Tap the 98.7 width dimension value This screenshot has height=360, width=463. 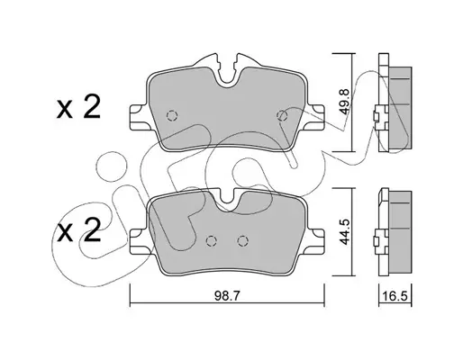coord(227,296)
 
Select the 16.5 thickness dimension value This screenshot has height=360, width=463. coord(395,296)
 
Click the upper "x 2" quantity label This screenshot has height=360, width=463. coord(78,108)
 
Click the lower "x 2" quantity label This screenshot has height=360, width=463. coord(78,229)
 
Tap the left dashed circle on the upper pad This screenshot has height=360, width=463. coord(172,115)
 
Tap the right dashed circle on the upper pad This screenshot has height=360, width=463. coord(282,115)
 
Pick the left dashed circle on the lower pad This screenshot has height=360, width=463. coord(212,240)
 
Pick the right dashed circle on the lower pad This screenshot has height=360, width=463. coord(242,240)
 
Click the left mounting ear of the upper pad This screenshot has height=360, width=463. coord(139,117)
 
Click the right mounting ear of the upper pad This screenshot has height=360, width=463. coord(315,117)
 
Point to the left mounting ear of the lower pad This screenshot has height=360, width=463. coord(139,242)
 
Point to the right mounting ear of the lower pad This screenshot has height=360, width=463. coord(315,242)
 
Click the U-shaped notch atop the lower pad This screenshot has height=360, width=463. coord(227,200)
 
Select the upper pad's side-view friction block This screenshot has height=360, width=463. coord(400,108)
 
